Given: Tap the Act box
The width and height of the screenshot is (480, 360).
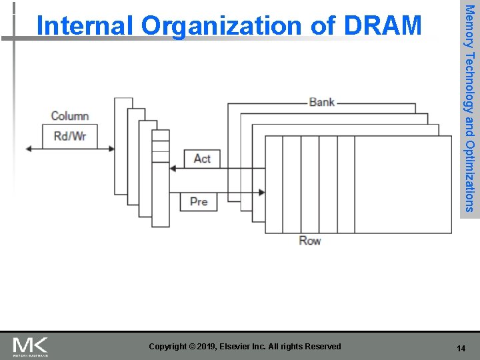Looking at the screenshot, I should (201, 159).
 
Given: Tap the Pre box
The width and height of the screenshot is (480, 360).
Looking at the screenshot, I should (199, 201).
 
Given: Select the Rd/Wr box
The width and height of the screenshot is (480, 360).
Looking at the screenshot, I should (70, 137).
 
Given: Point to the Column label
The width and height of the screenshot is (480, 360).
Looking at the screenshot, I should (70, 116).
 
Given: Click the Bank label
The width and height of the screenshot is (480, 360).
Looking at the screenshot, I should (321, 102).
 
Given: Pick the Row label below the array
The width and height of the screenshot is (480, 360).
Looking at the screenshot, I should (309, 241).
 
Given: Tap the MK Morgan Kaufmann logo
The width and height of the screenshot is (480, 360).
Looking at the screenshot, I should (31, 347).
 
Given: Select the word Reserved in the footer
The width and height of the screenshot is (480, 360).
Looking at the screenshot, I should (321, 347).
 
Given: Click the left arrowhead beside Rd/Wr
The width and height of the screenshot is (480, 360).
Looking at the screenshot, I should (29, 149).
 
